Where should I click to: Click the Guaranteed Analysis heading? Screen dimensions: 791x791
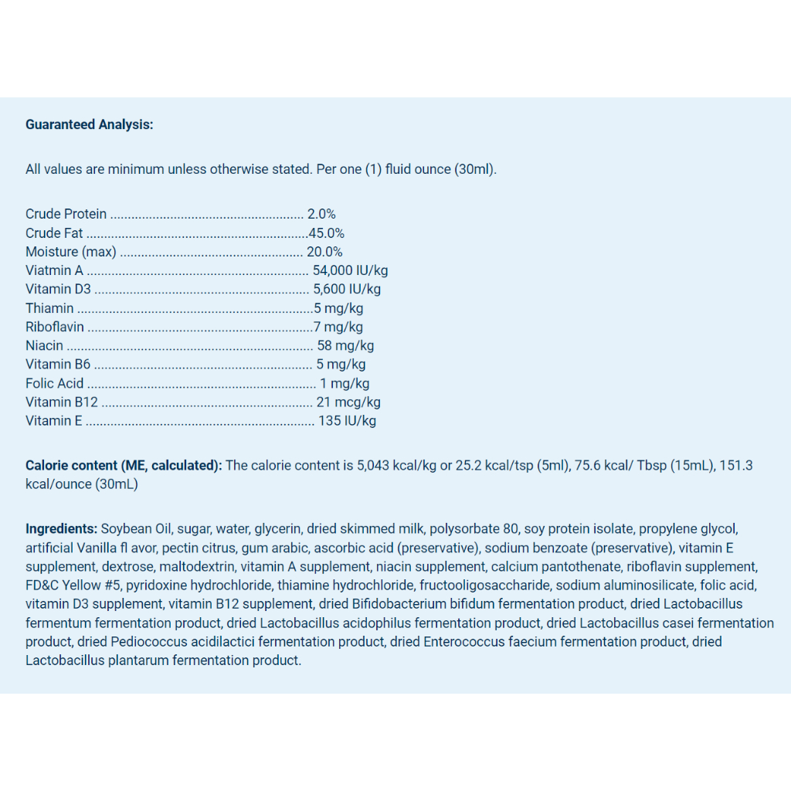pos(90,124)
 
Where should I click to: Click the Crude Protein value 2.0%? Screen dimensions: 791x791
pos(321,214)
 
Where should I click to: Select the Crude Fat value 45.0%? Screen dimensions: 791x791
pos(326,233)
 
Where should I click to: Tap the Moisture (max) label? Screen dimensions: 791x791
pos(70,252)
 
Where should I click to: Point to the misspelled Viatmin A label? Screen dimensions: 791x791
pos(54,270)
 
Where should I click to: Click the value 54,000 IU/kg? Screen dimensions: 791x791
pos(350,270)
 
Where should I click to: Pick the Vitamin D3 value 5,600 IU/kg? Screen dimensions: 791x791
pos(347,289)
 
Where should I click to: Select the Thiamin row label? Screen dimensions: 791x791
pos(49,308)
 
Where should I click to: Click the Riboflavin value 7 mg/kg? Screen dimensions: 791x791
pos(338,327)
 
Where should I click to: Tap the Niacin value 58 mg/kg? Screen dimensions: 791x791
pos(345,345)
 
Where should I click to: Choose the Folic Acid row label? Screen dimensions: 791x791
pos(54,383)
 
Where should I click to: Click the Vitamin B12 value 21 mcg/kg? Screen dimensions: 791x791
pos(348,402)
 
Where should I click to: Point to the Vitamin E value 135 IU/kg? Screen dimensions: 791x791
pos(347,421)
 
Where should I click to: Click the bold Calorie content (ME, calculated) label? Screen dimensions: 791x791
pos(124,465)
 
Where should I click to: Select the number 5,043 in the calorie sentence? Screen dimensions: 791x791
pos(373,465)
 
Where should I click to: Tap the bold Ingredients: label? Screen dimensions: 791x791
pos(61,529)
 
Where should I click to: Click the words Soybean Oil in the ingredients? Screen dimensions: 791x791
pos(135,529)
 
